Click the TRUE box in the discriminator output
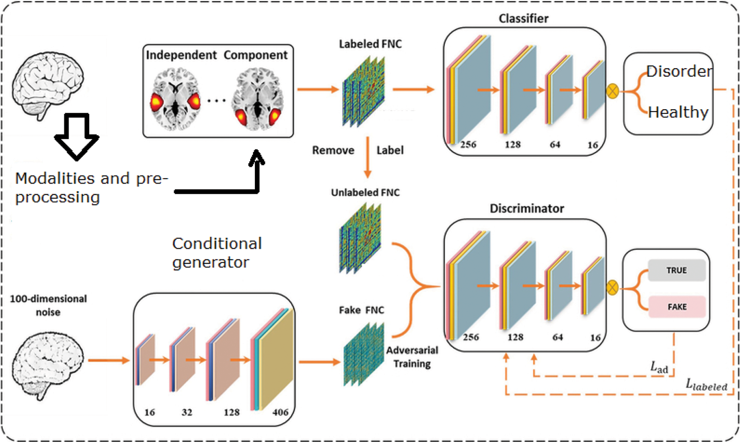pyautogui.click(x=676, y=270)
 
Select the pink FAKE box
pyautogui.click(x=676, y=306)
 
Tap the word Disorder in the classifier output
pyautogui.click(x=678, y=71)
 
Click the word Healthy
pyautogui.click(x=678, y=112)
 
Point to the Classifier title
pyautogui.click(x=523, y=18)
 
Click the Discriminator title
pyautogui.click(x=526, y=208)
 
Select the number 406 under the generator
pyautogui.click(x=280, y=412)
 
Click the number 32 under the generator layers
pyautogui.click(x=187, y=412)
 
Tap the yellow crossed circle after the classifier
pyautogui.click(x=612, y=91)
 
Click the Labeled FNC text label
pyautogui.click(x=370, y=44)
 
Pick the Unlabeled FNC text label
pyautogui.click(x=365, y=192)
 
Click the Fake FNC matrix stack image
pyautogui.click(x=363, y=354)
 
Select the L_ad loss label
pyautogui.click(x=659, y=367)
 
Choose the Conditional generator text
pyautogui.click(x=217, y=253)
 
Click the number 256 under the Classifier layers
pyautogui.click(x=468, y=145)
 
